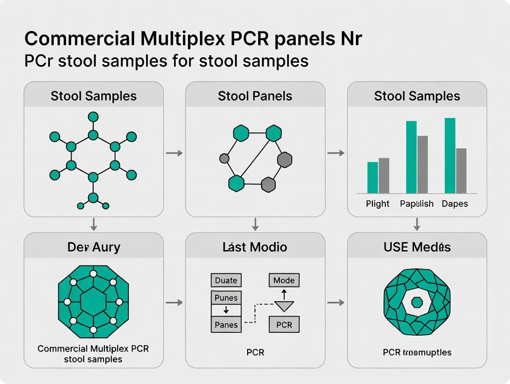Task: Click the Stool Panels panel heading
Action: [255, 96]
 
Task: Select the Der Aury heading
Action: [94, 247]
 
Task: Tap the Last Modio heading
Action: [255, 247]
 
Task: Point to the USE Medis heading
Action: [417, 247]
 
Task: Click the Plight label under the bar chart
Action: [377, 204]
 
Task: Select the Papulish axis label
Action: [417, 204]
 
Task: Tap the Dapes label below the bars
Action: [455, 204]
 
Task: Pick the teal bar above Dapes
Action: [450, 156]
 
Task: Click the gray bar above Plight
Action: [384, 175]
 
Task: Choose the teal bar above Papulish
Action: [411, 157]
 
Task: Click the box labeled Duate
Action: [226, 280]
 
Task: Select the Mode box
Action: [284, 280]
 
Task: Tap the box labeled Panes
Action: [226, 324]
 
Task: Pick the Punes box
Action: [226, 298]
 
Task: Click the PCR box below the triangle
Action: [284, 324]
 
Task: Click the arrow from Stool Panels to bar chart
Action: [336, 153]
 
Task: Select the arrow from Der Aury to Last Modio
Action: [174, 302]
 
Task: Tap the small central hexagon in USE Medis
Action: [417, 302]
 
